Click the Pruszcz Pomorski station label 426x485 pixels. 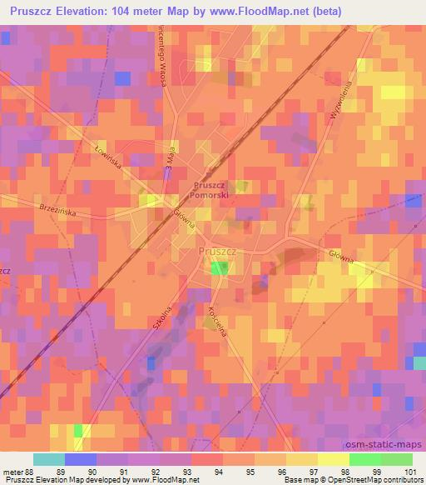pyautogui.click(x=215, y=190)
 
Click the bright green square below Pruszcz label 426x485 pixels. pyautogui.click(x=219, y=267)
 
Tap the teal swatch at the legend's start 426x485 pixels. pyautogui.click(x=48, y=459)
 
